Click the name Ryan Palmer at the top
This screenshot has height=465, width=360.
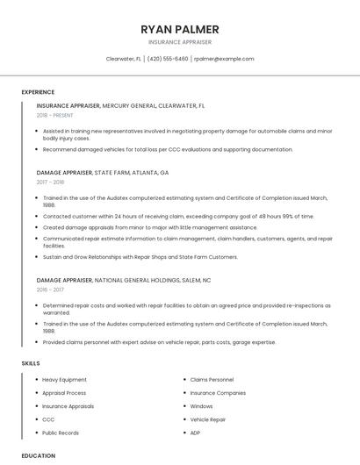point(180,29)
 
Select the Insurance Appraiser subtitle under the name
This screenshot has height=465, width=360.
point(180,42)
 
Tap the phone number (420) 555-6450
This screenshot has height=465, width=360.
point(168,59)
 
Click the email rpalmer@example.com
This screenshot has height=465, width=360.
point(224,59)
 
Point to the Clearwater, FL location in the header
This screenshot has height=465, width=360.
point(124,59)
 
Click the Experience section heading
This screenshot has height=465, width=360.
point(38,92)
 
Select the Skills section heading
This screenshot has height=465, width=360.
point(31,362)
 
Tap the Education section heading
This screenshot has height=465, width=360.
point(39,455)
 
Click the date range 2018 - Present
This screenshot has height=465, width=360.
point(55,116)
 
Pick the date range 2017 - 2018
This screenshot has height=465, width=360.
point(51,182)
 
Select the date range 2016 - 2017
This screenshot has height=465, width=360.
point(51,290)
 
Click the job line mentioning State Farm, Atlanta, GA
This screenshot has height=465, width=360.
point(103,173)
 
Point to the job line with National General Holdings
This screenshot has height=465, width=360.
point(124,280)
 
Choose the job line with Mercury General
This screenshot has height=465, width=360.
point(120,105)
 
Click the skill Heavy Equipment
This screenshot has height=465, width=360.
point(65,380)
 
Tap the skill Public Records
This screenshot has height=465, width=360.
point(61,433)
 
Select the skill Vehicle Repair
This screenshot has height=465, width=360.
point(208,419)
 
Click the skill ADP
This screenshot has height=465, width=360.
point(196,433)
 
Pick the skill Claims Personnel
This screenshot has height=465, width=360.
point(212,380)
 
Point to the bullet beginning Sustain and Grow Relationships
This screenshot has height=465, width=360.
point(140,257)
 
